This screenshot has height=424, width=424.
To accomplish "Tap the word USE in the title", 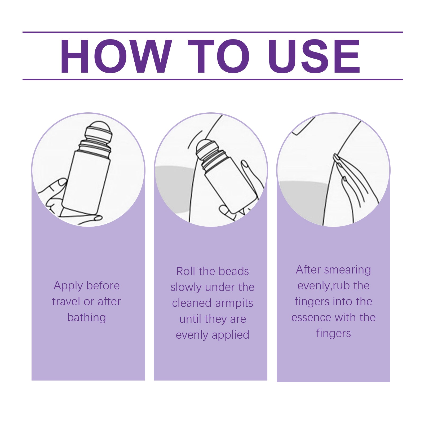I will pos(314,56).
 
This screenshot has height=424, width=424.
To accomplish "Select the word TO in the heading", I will pos(219,56).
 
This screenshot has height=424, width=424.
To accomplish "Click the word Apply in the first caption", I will pos(68,286).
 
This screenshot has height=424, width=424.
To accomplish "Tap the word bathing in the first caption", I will pos(87,317).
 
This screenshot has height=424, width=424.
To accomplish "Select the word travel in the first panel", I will pos(66,302).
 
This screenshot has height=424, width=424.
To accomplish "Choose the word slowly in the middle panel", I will pos(186,287).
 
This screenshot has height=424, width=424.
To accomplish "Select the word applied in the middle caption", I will pos(231,335).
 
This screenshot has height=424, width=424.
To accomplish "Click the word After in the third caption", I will pos(308,270).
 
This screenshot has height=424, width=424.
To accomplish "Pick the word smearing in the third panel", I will pos(347,270).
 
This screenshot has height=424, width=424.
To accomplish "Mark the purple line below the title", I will pos(212,79).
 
